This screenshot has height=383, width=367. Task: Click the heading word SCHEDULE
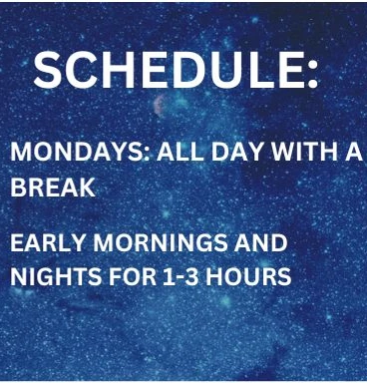[x=169, y=70]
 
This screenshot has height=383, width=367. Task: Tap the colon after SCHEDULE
[x=312, y=73]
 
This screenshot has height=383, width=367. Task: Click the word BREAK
[x=53, y=188]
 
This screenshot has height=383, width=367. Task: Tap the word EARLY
[x=48, y=242]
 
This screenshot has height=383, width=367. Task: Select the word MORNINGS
[x=161, y=243]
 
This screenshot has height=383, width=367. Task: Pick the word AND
[x=261, y=242]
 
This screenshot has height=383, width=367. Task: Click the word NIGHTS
[x=56, y=276]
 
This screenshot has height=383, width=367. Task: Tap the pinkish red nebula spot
[x=160, y=105]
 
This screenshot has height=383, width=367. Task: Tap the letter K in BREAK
[x=87, y=188]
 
